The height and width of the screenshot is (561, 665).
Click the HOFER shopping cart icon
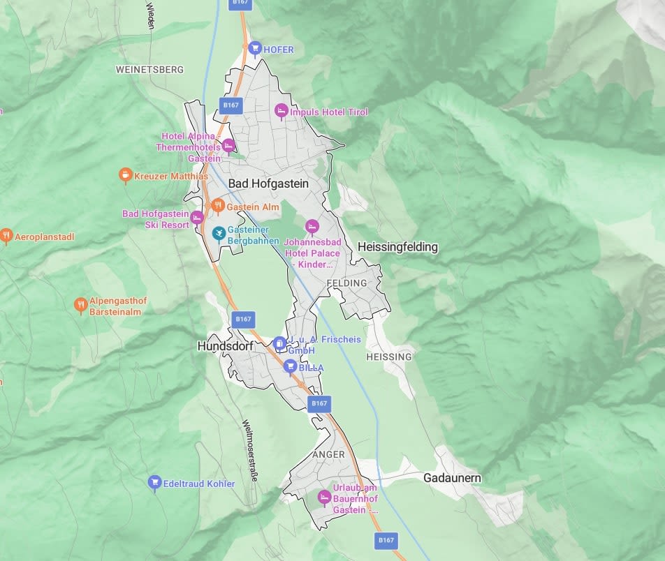(255, 49)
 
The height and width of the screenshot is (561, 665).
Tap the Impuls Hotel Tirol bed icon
(281, 111)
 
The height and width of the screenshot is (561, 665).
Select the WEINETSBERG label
(149, 70)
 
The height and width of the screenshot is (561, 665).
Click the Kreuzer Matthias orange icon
(125, 175)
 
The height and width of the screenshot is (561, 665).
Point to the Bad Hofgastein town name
(268, 184)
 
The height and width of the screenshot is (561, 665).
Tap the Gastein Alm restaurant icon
(217, 206)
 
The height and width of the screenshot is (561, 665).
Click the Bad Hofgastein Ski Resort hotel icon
(197, 218)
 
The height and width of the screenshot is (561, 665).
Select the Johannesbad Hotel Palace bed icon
(312, 226)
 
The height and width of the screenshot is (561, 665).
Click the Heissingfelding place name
(397, 247)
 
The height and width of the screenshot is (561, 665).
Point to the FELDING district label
(346, 283)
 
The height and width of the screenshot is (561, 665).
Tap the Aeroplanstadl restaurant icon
(6, 237)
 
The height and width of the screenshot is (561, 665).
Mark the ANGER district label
(328, 454)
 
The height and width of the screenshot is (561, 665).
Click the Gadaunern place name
(452, 479)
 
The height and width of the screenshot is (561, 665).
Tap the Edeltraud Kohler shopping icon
(154, 482)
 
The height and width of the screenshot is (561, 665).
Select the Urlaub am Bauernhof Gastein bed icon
(323, 497)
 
